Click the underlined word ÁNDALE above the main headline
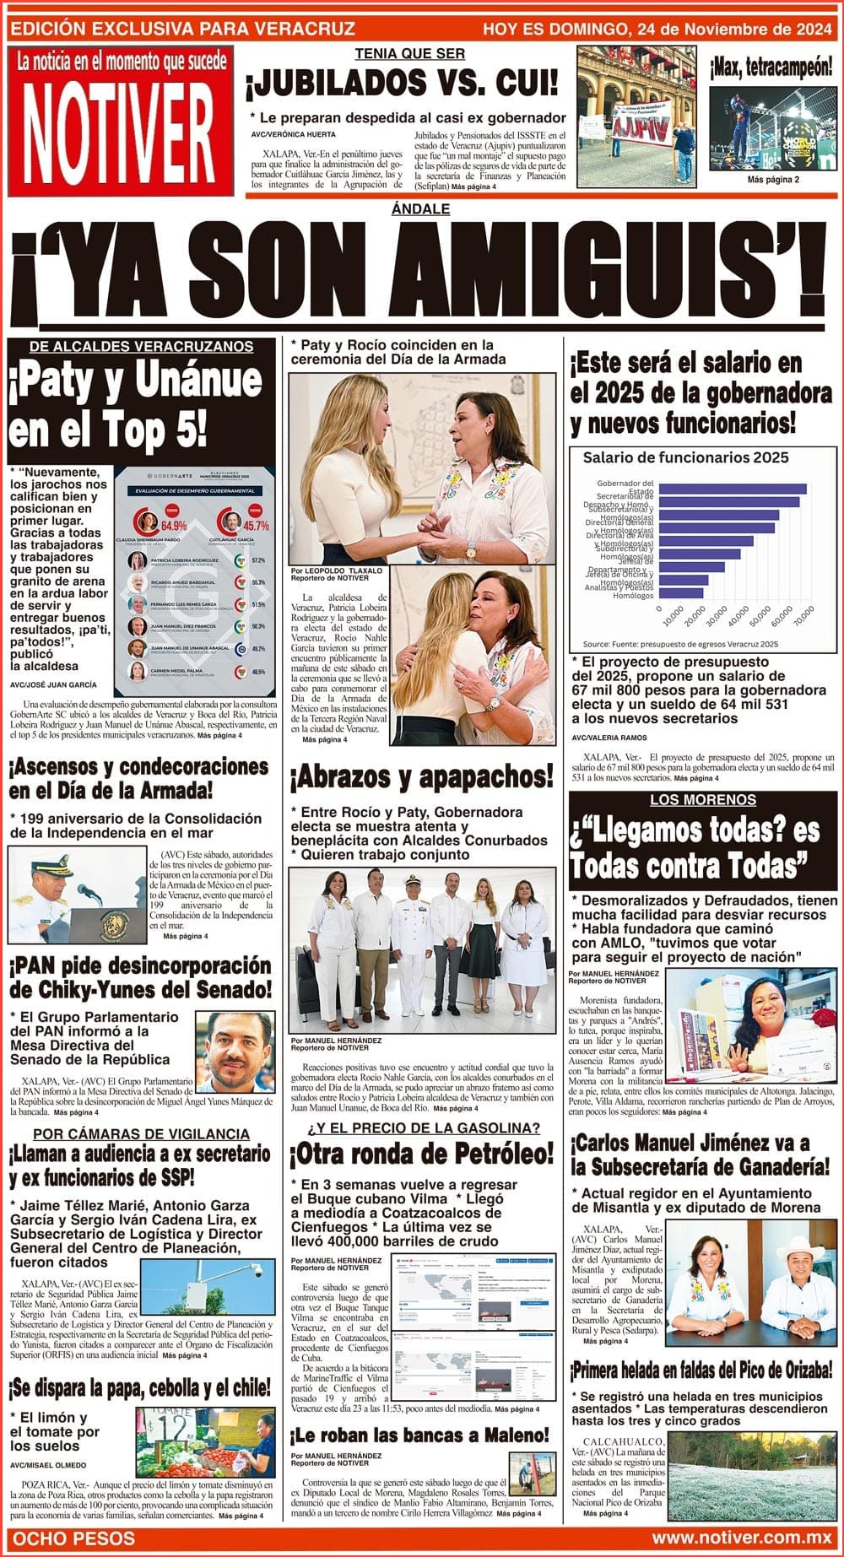tap(421, 208)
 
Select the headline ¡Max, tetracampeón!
tap(771, 67)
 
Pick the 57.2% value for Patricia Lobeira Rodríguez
tap(258, 560)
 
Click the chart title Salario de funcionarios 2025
tap(685, 457)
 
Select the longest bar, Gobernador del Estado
tap(733, 489)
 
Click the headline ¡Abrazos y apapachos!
tap(422, 777)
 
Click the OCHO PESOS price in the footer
tap(74, 1538)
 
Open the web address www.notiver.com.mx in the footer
tap(742, 1538)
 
